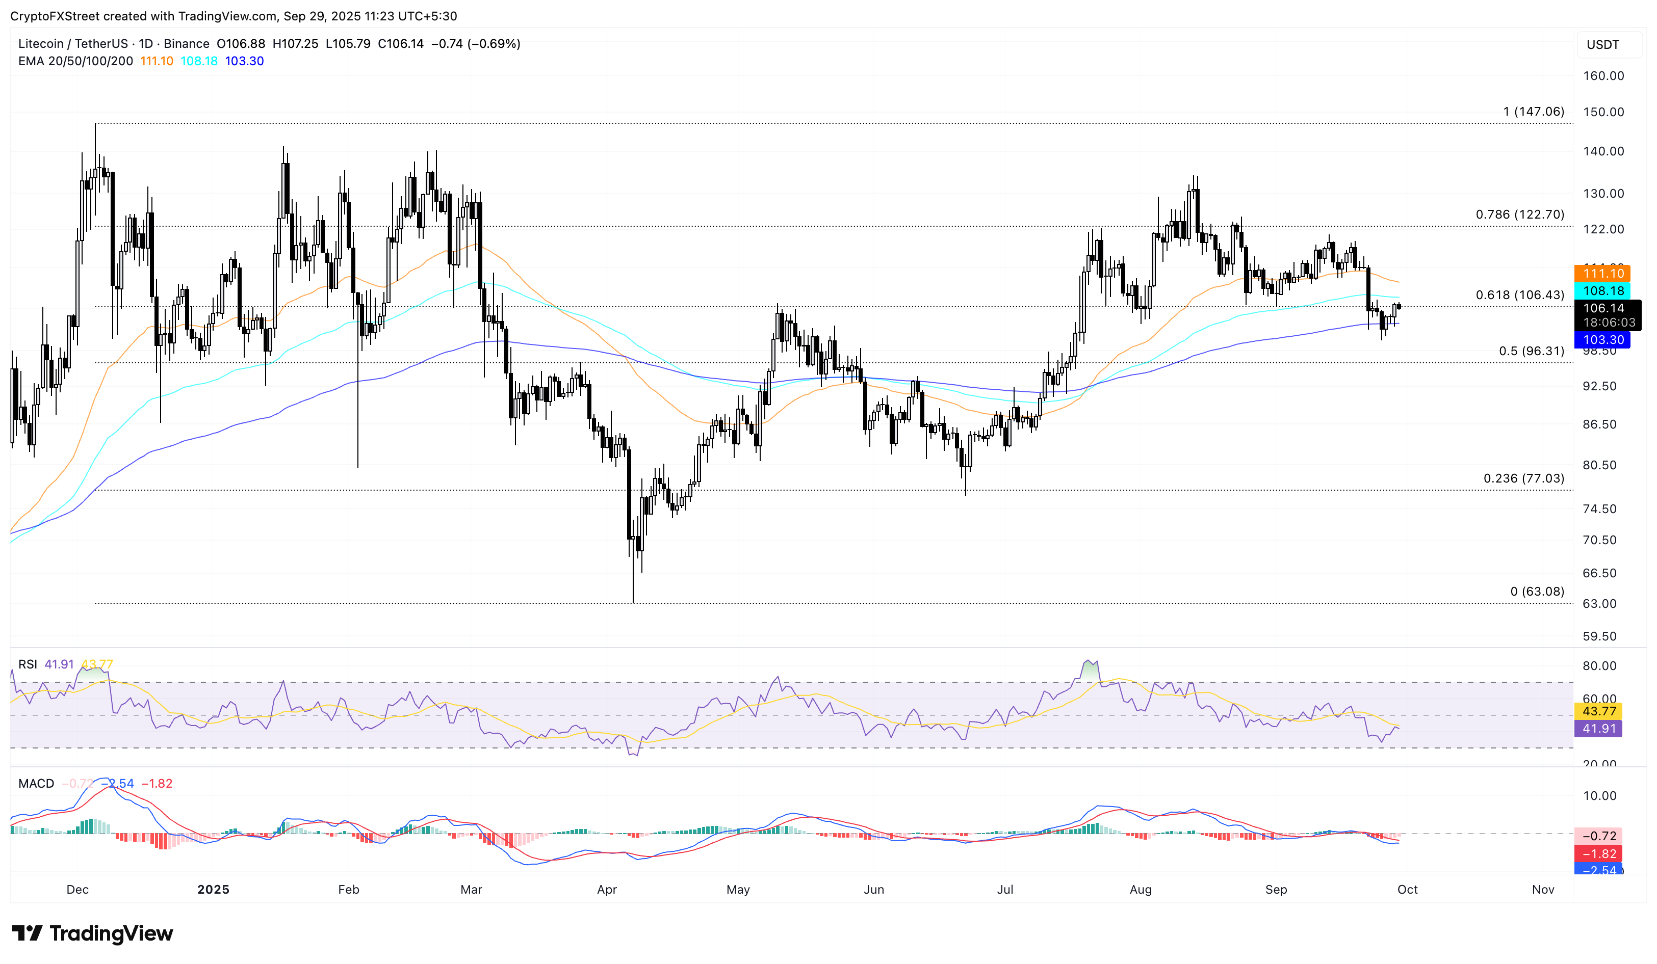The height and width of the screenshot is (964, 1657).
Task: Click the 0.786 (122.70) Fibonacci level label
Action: (1519, 215)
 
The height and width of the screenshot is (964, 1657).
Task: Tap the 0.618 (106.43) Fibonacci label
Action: (1519, 295)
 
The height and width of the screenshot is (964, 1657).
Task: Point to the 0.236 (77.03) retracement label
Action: (1523, 478)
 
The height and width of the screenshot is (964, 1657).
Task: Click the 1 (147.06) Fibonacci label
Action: (1533, 112)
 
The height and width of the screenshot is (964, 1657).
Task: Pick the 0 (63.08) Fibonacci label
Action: (1537, 592)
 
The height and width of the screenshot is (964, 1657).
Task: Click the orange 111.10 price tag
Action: (1602, 274)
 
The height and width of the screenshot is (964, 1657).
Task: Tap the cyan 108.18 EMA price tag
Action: (1602, 290)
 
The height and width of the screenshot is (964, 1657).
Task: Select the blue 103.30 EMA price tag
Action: (1602, 340)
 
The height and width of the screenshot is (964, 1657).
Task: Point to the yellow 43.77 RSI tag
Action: (1598, 711)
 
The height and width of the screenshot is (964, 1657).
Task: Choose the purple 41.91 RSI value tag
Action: (1598, 728)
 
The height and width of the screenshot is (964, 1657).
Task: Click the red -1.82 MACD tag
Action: (1598, 853)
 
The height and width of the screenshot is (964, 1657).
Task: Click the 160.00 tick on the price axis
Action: (1602, 75)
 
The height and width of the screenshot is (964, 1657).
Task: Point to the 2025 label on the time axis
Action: (213, 889)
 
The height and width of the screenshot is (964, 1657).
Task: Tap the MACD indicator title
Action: (36, 783)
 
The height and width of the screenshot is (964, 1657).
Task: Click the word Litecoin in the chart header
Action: (41, 44)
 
